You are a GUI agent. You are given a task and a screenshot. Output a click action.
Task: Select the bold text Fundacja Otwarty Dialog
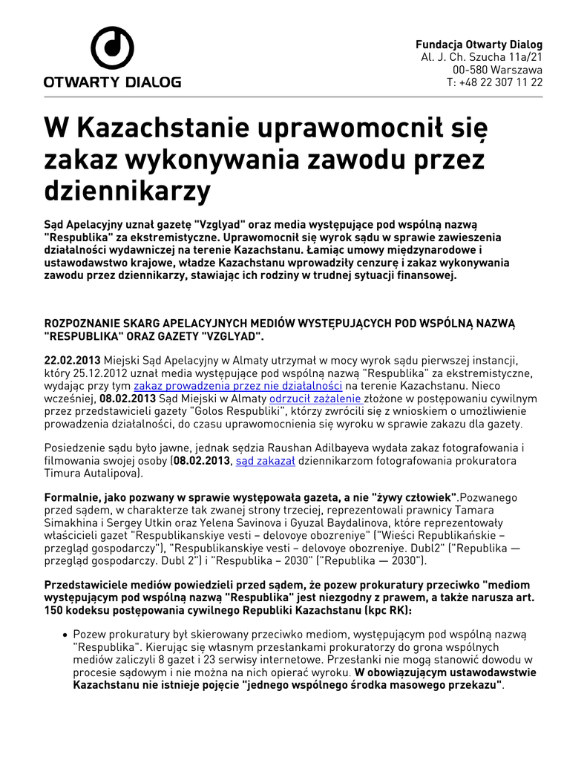[x=479, y=45]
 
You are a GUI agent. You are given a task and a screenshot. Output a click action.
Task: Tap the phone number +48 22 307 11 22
[x=501, y=82]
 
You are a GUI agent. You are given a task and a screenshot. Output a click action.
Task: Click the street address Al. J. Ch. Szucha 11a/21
[x=482, y=57]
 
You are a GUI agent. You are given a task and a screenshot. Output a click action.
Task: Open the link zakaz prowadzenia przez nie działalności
[x=237, y=387]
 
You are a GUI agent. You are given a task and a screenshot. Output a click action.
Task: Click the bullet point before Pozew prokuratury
[x=65, y=635]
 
